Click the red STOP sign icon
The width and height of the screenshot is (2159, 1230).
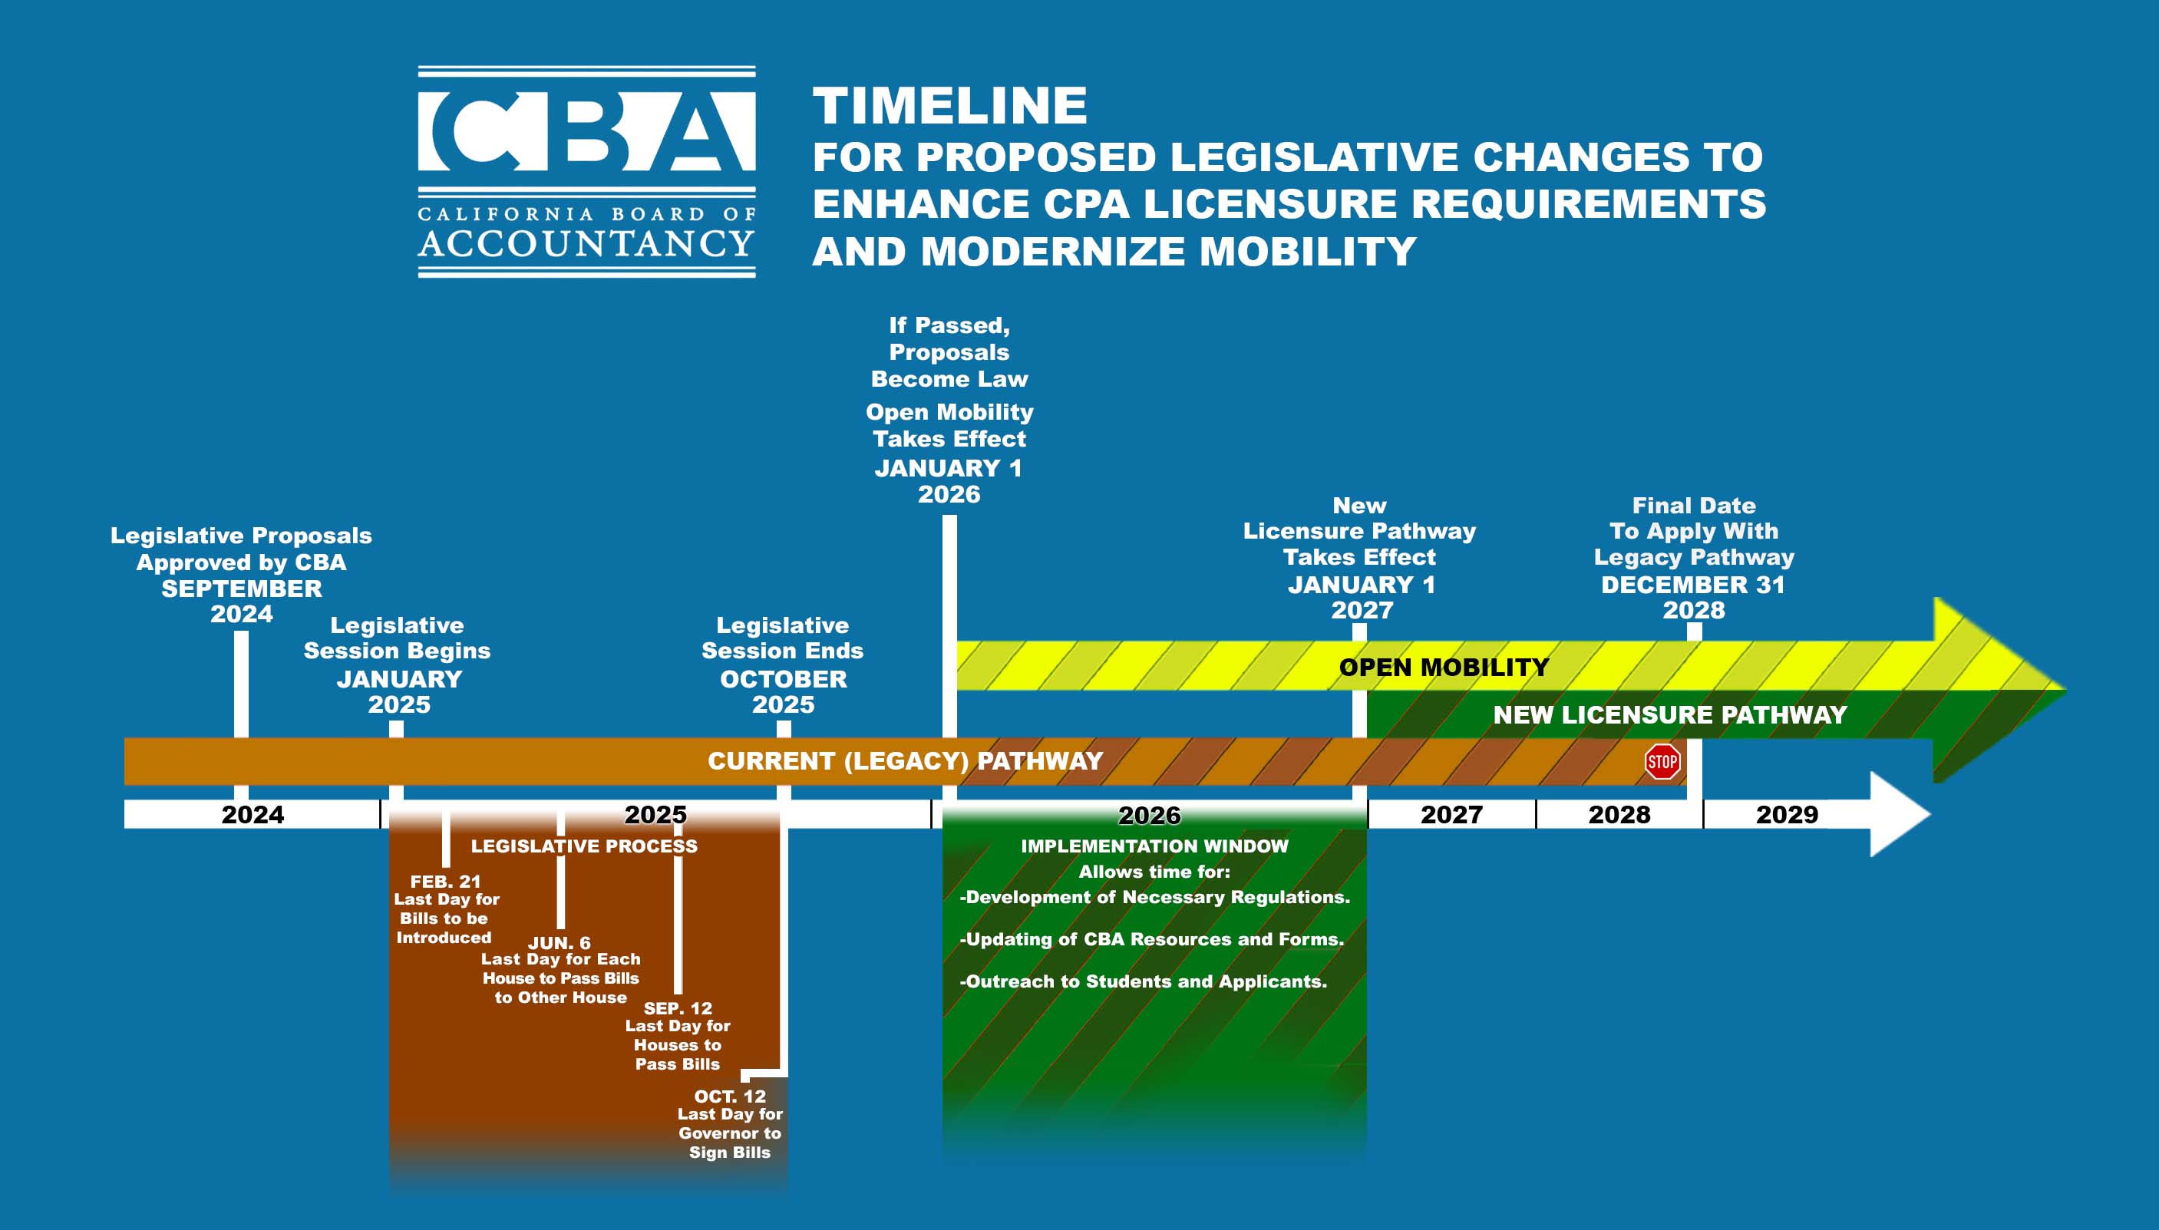coord(1662,762)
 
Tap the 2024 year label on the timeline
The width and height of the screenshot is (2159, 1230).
coord(253,814)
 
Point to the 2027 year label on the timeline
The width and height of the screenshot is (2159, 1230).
coord(1451,814)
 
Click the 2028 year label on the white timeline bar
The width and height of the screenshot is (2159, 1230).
coord(1619,814)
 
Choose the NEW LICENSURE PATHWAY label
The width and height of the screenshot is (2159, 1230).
coord(1670,714)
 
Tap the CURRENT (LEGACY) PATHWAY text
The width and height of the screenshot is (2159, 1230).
coord(905,761)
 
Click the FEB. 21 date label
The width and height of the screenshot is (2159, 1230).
coord(445,881)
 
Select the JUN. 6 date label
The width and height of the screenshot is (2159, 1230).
coord(560,943)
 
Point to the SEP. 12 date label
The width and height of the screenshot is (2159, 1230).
coord(678,1007)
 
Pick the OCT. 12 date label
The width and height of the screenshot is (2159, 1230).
coord(730,1096)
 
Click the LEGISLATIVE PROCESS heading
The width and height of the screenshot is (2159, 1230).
coord(584,846)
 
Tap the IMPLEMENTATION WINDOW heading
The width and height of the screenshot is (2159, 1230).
coord(1154,846)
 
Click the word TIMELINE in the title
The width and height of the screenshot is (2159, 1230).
coord(949,106)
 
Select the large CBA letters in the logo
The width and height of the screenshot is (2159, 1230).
coord(586,131)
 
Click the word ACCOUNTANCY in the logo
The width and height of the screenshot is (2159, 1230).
coord(586,243)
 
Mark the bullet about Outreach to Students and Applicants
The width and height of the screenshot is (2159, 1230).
coord(1144,981)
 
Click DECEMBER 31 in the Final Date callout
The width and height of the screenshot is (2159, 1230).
coord(1692,585)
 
